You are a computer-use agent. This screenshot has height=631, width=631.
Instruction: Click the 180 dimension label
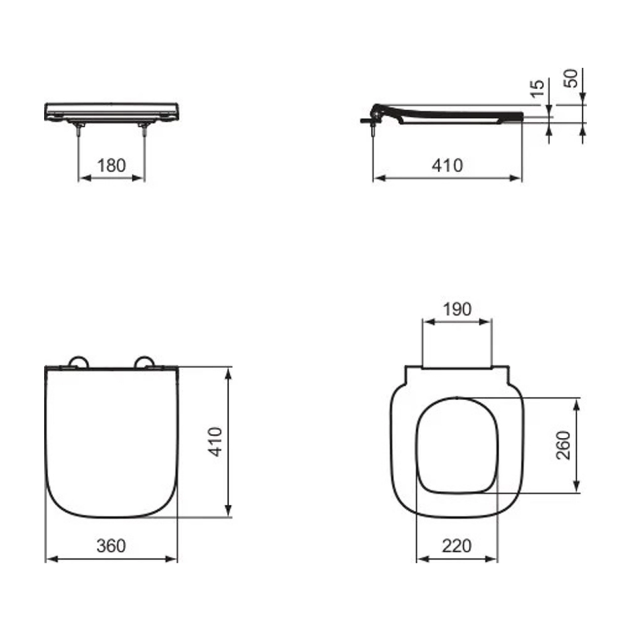112,165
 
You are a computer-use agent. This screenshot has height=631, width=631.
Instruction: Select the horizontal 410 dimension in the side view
447,165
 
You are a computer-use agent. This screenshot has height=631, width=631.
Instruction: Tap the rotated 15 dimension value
537,88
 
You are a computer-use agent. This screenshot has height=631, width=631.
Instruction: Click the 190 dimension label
457,309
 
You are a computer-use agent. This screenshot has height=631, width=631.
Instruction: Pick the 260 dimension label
563,445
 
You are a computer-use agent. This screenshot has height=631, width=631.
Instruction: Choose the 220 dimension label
457,546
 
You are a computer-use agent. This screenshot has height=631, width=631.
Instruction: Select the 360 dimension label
111,546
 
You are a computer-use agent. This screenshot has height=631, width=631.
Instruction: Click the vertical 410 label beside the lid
215,442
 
